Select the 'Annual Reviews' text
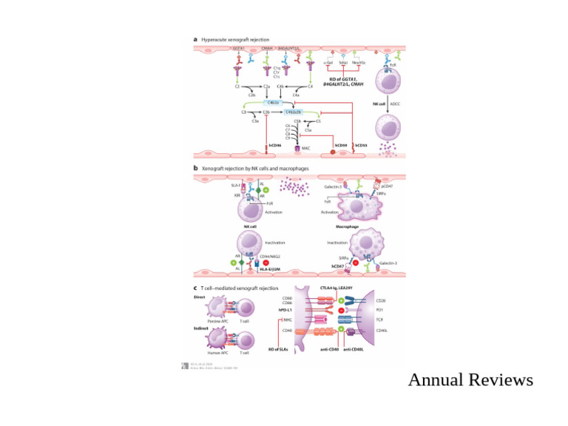click(x=470, y=380)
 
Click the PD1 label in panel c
click(x=379, y=310)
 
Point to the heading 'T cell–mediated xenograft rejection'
click(x=240, y=288)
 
